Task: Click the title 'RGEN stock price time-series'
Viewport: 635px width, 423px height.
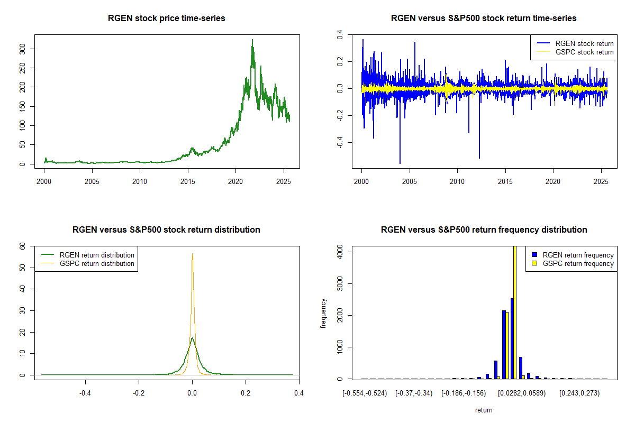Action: click(x=166, y=19)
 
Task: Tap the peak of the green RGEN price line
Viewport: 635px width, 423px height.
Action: click(x=252, y=40)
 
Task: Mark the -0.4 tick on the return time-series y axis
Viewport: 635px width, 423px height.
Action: click(x=339, y=143)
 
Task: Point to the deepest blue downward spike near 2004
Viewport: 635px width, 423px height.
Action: click(x=400, y=163)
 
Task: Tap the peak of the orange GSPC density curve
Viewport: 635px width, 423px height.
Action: click(x=192, y=254)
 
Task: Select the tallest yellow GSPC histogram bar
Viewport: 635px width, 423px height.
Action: click(x=514, y=312)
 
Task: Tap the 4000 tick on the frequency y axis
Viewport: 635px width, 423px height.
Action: click(x=339, y=253)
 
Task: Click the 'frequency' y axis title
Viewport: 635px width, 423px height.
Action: click(x=323, y=313)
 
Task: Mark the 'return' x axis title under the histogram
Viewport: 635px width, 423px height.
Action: click(x=484, y=410)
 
